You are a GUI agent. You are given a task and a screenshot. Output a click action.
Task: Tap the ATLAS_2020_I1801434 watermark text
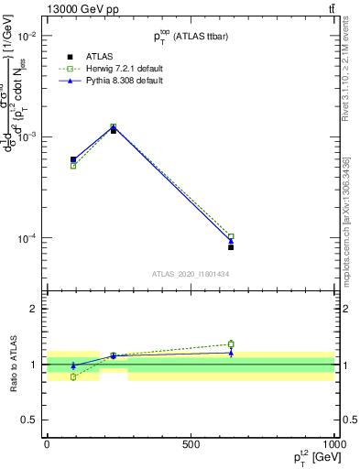[x=191, y=274]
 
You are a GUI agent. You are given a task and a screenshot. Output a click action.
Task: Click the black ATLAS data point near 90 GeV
[x=73, y=159]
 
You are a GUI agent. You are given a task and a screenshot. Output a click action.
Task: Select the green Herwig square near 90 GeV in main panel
[x=73, y=166]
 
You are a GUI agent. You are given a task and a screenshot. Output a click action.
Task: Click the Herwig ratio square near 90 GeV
[x=73, y=376]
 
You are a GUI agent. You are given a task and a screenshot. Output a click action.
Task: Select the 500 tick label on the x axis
[x=191, y=443]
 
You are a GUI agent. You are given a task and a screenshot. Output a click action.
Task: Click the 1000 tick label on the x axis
[x=334, y=443]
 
